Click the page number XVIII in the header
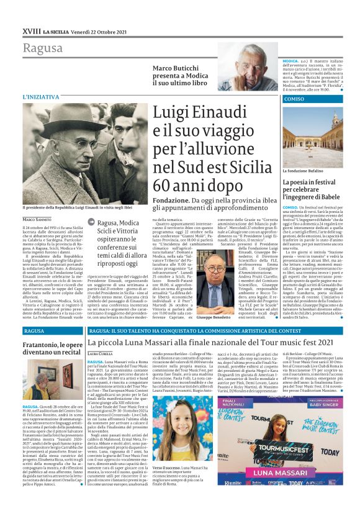tap(31, 14)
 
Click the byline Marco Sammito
tap(37, 220)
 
